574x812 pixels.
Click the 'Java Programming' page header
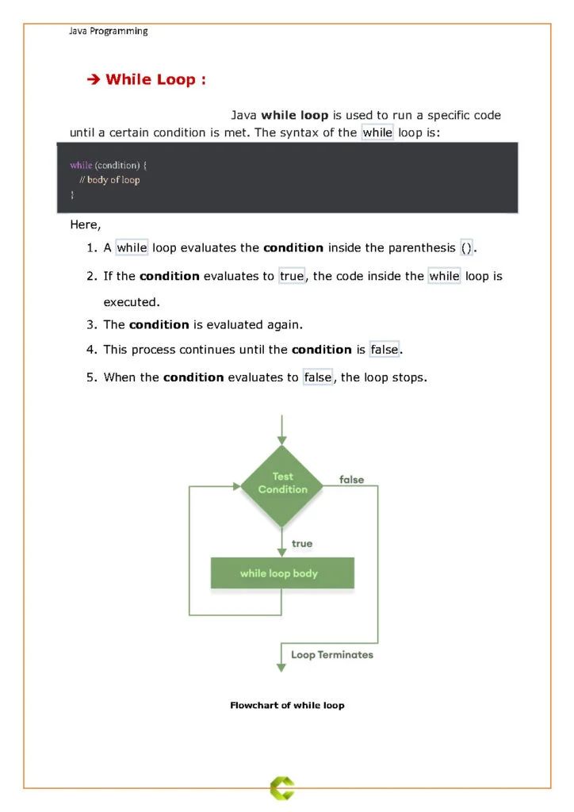(108, 31)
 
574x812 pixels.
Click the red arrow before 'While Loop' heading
(92, 79)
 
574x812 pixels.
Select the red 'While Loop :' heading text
(156, 79)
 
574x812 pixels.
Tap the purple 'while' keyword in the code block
(81, 165)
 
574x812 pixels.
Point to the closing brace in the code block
(72, 194)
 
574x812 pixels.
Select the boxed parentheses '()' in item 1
(466, 247)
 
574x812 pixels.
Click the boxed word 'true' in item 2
(292, 276)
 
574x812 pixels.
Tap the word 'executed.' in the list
(132, 302)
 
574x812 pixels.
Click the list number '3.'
(91, 324)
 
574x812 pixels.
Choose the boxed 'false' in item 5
(318, 377)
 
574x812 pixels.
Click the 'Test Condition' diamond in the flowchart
(282, 484)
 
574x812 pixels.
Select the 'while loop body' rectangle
(281, 573)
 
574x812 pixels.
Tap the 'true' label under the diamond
(302, 543)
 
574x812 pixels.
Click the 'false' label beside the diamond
(351, 480)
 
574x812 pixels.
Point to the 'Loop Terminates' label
(331, 655)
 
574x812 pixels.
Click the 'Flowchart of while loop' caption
(287, 705)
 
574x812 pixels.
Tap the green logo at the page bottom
(281, 787)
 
